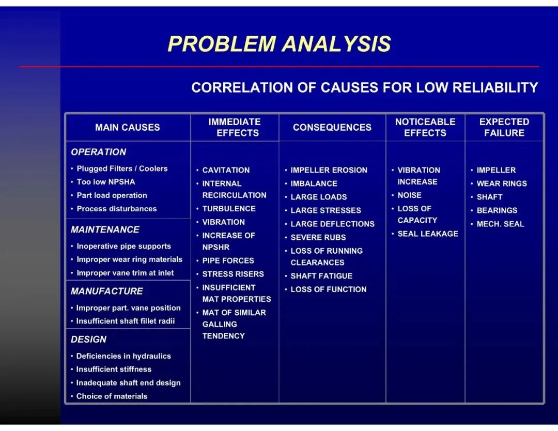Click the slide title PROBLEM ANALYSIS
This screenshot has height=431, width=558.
tap(279, 44)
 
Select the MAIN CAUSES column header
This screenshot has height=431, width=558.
tap(128, 127)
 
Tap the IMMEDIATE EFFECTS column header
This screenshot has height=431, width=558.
tap(235, 127)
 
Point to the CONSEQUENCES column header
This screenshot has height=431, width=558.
tap(332, 127)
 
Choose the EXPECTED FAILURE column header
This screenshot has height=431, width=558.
tap(504, 127)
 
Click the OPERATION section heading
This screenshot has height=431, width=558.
tap(99, 152)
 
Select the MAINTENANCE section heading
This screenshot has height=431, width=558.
tap(105, 229)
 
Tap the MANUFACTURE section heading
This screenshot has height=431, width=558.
tap(107, 291)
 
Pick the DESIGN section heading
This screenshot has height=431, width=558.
tap(89, 340)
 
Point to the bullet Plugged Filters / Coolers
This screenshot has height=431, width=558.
tap(122, 168)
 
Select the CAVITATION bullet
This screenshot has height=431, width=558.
tap(226, 170)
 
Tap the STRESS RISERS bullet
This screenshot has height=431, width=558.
tap(233, 274)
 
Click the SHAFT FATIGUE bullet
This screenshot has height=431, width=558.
tap(321, 276)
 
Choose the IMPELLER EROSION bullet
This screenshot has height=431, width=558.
tap(329, 170)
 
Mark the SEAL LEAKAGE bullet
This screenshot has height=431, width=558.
tap(428, 234)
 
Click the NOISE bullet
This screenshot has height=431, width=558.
tap(409, 195)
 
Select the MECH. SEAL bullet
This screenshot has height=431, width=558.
tap(500, 224)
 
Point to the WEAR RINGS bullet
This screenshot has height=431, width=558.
tap(502, 183)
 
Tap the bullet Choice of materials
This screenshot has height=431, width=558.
tap(112, 396)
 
